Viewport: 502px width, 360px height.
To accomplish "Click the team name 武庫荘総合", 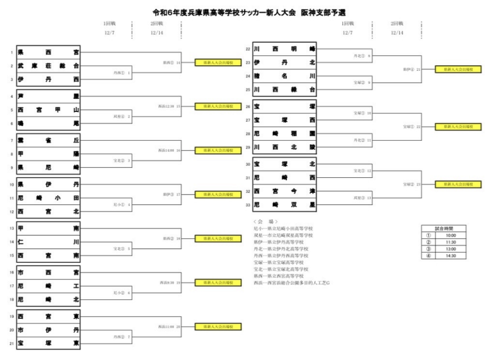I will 48,66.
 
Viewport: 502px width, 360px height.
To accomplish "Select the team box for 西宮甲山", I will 48,110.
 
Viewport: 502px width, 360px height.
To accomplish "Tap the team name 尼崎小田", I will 48,198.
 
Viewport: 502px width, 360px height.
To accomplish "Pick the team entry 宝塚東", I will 48,343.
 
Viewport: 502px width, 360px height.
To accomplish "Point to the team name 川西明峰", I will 284,49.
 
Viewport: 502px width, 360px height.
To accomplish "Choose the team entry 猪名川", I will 284,76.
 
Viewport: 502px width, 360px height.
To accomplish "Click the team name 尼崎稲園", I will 284,133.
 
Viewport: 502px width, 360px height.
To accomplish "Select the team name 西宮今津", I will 284,192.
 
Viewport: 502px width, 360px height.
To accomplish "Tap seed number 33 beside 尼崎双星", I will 248,205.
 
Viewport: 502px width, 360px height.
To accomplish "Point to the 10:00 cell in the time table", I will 450,236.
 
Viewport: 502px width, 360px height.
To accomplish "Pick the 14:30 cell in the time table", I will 450,256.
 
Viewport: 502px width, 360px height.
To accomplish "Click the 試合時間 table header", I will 444,228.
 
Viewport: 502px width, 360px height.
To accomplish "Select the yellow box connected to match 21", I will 458,69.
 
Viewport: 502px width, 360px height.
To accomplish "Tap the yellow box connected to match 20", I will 218,326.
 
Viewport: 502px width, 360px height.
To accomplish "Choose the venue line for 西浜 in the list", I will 291,282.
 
